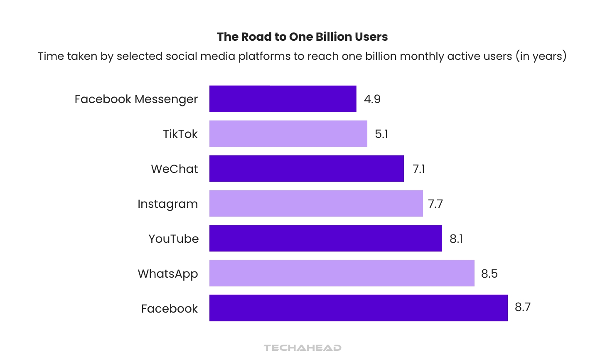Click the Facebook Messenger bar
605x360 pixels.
pyautogui.click(x=283, y=99)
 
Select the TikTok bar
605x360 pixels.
pyautogui.click(x=288, y=134)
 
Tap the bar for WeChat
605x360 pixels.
pyautogui.click(x=306, y=169)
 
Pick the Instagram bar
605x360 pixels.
pyautogui.click(x=316, y=204)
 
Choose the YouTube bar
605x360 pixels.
pyautogui.click(x=325, y=239)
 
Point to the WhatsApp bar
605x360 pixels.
pyautogui.click(x=342, y=274)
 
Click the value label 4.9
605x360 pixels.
pyautogui.click(x=372, y=99)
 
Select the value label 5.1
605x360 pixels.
pyautogui.click(x=381, y=134)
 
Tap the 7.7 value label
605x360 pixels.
pyautogui.click(x=435, y=204)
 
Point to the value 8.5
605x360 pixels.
pyautogui.click(x=489, y=274)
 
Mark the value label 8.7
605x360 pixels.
pyautogui.click(x=522, y=307)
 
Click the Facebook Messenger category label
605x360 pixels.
pyautogui.click(x=136, y=99)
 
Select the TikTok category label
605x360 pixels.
pyautogui.click(x=180, y=134)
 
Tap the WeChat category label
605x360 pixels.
pyautogui.click(x=174, y=169)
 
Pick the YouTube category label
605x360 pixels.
pyautogui.click(x=173, y=239)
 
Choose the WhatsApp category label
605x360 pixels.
pyautogui.click(x=167, y=274)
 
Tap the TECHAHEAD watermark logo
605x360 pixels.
pyautogui.click(x=302, y=348)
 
